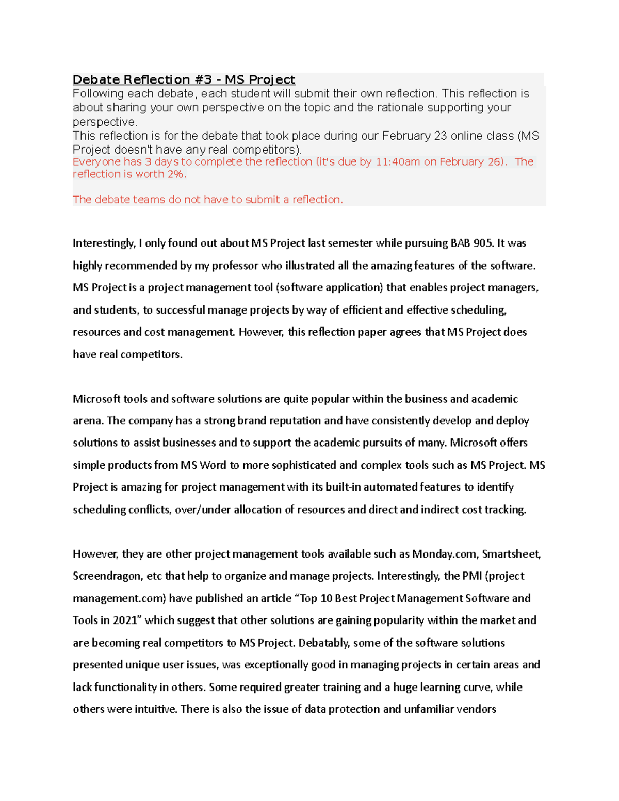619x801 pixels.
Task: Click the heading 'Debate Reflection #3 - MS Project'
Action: coord(184,79)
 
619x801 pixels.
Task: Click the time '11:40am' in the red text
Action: coord(398,162)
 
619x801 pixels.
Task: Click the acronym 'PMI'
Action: coord(472,576)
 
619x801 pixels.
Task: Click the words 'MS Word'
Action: coord(203,465)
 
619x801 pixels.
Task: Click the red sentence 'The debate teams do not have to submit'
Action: coord(207,200)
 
